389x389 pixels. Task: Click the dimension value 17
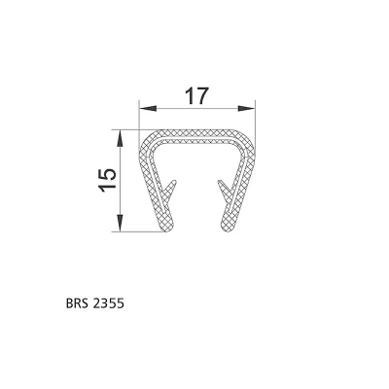(195, 96)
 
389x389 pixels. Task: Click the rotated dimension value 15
(108, 180)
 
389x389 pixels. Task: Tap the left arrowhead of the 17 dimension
(148, 109)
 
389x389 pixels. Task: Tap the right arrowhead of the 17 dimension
(246, 109)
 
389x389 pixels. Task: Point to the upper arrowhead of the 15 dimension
(121, 139)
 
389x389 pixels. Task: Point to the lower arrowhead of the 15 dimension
(121, 223)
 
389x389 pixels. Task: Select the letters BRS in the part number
(77, 303)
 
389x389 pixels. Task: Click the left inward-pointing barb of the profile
(171, 189)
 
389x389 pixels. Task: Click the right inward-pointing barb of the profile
(224, 189)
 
